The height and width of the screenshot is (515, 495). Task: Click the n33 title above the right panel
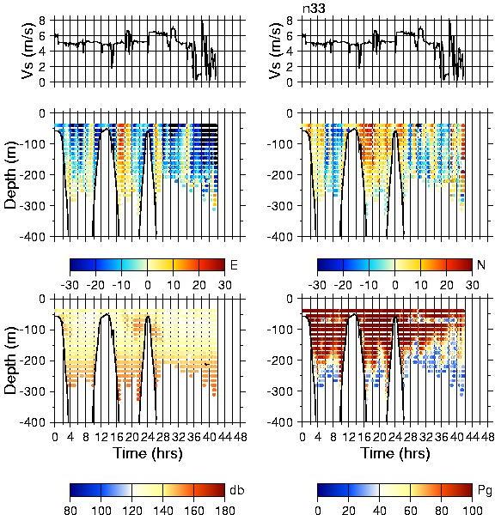314,9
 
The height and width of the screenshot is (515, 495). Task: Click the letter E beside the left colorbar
234,264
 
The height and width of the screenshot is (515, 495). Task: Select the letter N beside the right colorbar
481,264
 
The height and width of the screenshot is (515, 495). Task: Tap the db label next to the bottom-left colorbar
237,490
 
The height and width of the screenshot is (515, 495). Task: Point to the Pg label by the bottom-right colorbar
485,491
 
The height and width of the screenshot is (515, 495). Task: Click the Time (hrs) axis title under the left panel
148,453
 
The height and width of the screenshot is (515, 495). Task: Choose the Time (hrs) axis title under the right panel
395,453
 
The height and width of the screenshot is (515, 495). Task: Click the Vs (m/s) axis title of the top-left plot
27,51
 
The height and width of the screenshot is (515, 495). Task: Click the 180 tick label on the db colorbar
224,510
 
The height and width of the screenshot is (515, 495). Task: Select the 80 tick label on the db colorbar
70,510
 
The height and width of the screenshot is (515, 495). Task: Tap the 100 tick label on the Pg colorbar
473,510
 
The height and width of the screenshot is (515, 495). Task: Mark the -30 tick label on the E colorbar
70,285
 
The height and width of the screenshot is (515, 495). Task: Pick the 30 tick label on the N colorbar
473,285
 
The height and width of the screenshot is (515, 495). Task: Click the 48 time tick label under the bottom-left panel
241,437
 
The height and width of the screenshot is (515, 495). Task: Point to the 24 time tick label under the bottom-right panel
395,437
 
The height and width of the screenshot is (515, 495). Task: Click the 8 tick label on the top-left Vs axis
42,21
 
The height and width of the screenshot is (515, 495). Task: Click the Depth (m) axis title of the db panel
10,361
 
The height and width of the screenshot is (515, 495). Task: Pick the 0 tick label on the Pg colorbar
318,510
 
